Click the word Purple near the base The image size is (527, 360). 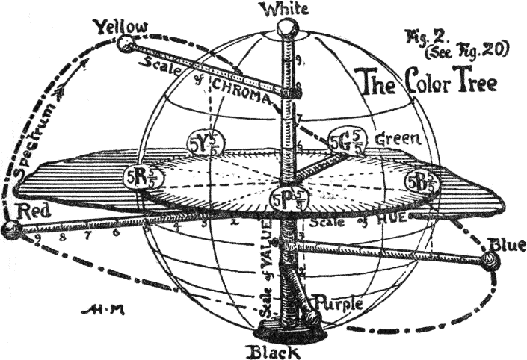coord(339,304)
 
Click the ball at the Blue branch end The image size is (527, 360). coord(490,261)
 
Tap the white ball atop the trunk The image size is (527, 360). coord(286,28)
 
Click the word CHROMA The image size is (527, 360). coord(238,83)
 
